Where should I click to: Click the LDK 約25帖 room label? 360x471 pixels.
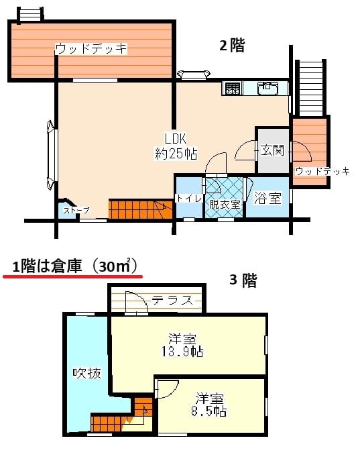[176, 146]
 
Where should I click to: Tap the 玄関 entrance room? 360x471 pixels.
[272, 150]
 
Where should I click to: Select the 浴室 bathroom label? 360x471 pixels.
[267, 198]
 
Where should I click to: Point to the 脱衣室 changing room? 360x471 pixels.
[224, 197]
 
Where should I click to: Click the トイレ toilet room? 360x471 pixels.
[189, 197]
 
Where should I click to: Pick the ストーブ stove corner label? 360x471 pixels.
[76, 211]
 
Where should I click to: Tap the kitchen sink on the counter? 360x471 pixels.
[268, 89]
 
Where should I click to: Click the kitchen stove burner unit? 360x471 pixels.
[233, 89]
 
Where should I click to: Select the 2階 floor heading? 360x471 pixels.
[232, 46]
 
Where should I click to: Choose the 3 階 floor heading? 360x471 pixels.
[243, 280]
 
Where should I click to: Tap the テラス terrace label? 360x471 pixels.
[172, 300]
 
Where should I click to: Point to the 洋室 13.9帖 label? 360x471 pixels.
[182, 345]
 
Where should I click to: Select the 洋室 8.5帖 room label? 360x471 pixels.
[209, 405]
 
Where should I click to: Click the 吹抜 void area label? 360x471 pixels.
[87, 373]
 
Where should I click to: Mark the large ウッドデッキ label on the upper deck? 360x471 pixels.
[91, 49]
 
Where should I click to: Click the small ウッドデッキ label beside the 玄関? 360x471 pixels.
[322, 172]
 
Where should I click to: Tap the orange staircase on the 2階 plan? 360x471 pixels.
[141, 209]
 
